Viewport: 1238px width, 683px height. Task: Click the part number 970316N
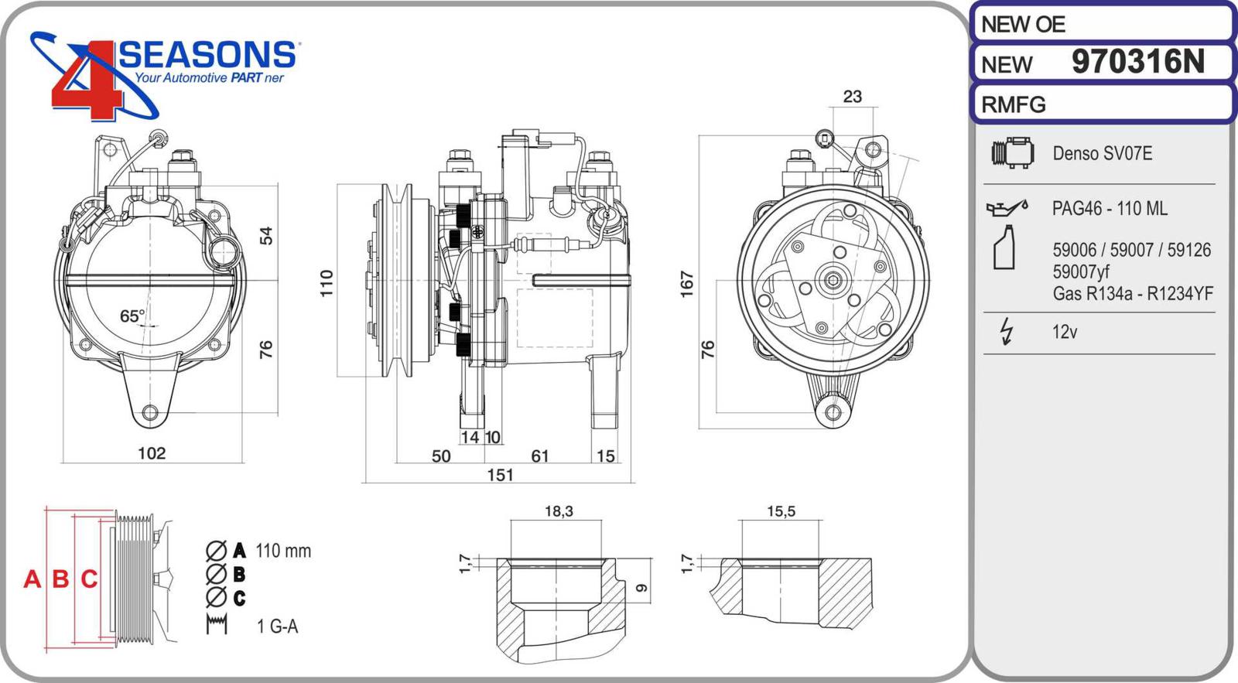tap(1137, 62)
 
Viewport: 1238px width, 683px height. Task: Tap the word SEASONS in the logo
tap(207, 55)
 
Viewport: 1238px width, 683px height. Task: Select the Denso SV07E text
tap(1102, 153)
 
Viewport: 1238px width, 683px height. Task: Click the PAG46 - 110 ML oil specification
tap(1110, 208)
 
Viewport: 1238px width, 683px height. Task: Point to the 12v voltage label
tap(1065, 332)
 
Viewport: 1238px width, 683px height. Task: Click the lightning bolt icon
tap(1006, 331)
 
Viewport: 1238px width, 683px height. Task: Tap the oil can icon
tap(1007, 207)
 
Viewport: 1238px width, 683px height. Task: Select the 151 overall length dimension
tap(500, 475)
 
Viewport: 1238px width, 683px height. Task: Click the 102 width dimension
tap(152, 453)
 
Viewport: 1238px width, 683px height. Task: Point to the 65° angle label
tap(132, 316)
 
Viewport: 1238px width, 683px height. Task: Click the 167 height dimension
tap(686, 284)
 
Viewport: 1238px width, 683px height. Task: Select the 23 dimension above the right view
tap(852, 97)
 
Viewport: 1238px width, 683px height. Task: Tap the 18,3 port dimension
tap(559, 511)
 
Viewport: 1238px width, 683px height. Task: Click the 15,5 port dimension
tap(781, 511)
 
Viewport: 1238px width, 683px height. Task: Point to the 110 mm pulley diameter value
tap(283, 551)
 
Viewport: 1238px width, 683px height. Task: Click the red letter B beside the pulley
tap(60, 579)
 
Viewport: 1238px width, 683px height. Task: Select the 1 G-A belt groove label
tap(277, 626)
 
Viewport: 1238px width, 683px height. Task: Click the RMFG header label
tap(1014, 104)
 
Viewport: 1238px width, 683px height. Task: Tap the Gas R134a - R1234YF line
tap(1132, 294)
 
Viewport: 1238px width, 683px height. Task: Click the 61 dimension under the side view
tap(540, 456)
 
